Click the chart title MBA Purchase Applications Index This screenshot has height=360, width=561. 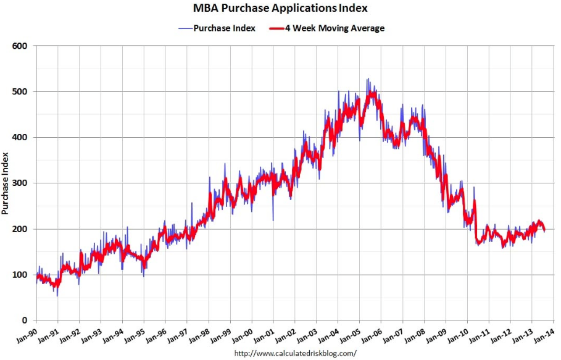click(x=280, y=9)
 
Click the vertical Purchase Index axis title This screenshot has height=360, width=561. click(x=6, y=183)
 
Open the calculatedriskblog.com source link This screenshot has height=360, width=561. click(x=296, y=354)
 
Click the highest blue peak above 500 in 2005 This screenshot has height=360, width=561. click(x=368, y=78)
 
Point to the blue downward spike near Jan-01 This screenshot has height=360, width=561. click(x=273, y=220)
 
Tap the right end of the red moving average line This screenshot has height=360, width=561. click(x=544, y=230)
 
